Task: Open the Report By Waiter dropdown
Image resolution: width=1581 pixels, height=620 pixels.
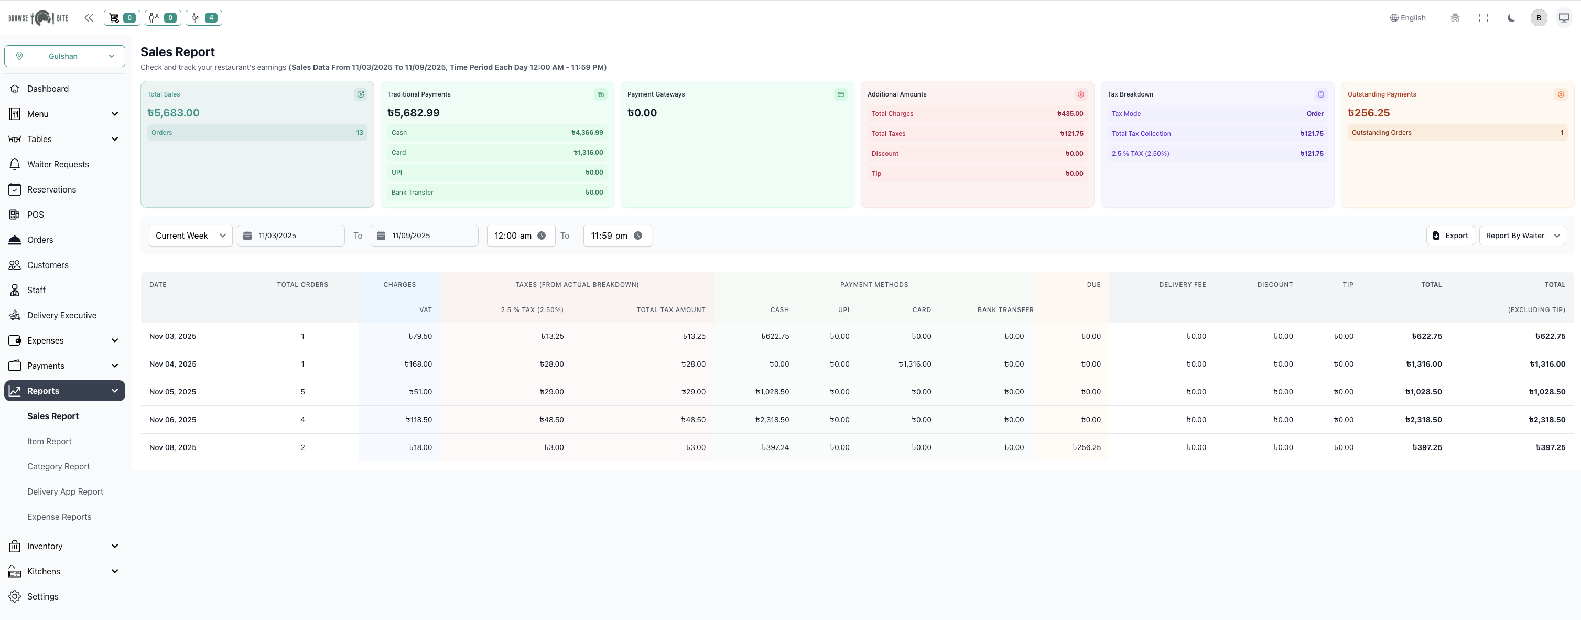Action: click(1522, 236)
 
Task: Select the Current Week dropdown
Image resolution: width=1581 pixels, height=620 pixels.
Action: click(190, 236)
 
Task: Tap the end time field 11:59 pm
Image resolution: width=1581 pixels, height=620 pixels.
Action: click(616, 236)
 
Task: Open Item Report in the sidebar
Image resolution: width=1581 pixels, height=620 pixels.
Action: click(49, 441)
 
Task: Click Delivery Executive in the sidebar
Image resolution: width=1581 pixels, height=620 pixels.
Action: click(61, 316)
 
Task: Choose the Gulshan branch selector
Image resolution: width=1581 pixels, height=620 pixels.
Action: click(64, 56)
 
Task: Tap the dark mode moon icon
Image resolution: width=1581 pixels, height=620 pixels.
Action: click(1511, 18)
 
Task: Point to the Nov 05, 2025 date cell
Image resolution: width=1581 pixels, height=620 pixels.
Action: click(172, 392)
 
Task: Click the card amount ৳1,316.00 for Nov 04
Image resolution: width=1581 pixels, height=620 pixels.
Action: click(915, 364)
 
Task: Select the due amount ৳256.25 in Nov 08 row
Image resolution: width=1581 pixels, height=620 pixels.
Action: click(1086, 447)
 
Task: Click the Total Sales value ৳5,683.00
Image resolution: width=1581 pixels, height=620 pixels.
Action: click(173, 113)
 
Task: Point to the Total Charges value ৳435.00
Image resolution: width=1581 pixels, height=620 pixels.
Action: click(1070, 114)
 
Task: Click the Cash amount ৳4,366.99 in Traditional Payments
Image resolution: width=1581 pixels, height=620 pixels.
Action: click(587, 133)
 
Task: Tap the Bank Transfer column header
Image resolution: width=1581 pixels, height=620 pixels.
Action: click(1005, 310)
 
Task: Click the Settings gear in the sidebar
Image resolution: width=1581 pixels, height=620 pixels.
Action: click(15, 597)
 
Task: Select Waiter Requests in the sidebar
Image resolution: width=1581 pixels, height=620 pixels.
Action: click(58, 165)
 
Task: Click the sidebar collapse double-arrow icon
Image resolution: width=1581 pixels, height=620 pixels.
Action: click(89, 18)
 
